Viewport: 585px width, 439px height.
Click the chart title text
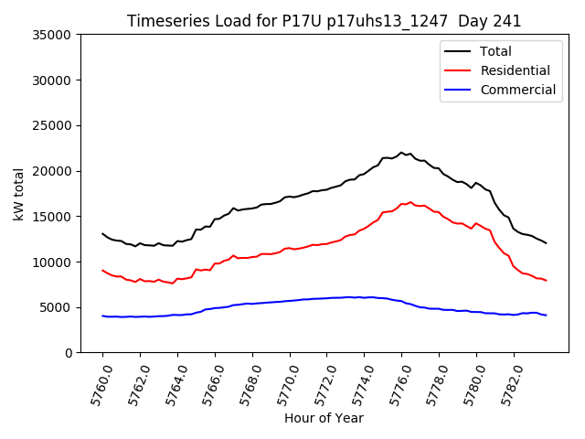pos(324,21)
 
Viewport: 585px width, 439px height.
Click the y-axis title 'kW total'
pos(19,194)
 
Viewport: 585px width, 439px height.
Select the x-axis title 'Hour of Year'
pos(324,418)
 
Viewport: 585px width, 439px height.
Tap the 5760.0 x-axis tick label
pos(97,382)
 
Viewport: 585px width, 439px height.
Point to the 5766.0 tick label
pos(209,382)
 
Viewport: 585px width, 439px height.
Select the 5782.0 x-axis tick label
pos(508,382)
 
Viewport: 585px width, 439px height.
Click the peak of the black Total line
pos(401,153)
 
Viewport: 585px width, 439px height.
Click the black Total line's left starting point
pos(102,234)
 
